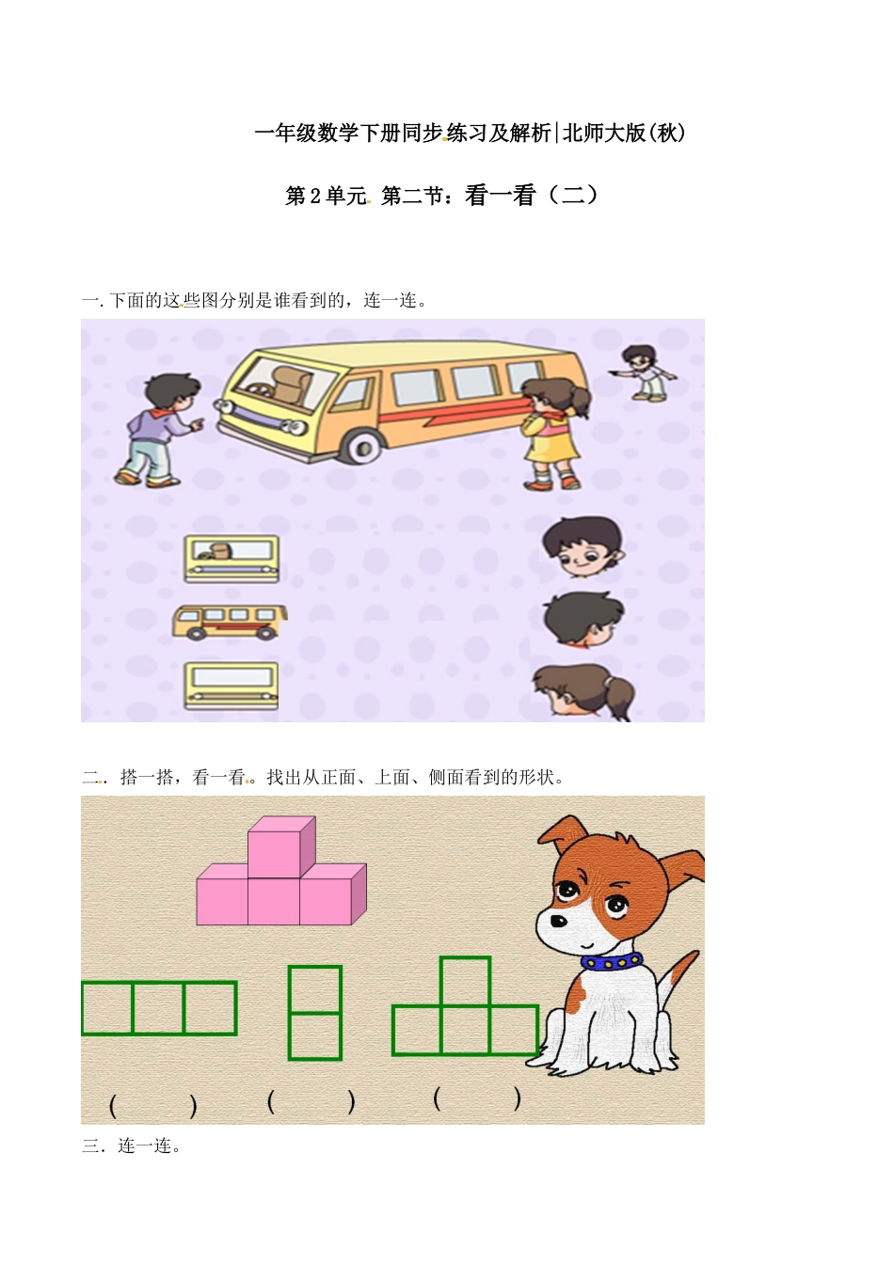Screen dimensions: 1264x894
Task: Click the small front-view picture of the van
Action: coord(231,559)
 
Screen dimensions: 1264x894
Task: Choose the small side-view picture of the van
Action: coord(229,622)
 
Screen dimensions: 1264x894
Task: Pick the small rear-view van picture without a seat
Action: coord(231,686)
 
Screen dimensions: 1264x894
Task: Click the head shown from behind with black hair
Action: coord(583,618)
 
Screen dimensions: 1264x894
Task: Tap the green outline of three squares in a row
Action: coord(158,1008)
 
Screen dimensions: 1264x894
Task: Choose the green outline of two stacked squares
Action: coord(314,1013)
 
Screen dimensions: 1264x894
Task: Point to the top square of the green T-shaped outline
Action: coord(465,981)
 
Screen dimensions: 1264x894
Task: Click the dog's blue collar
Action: coord(612,961)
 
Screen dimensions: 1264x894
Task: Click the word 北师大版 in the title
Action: coord(604,134)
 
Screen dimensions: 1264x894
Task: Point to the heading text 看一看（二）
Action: coord(531,196)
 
